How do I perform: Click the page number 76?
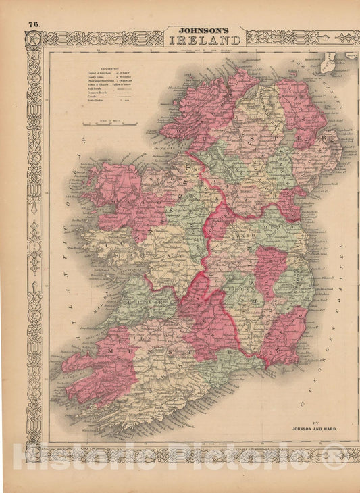click(34, 25)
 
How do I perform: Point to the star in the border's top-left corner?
click(33, 38)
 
